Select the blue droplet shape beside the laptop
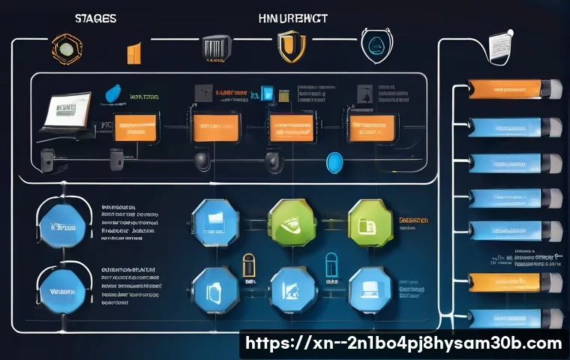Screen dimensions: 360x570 pyautogui.click(x=112, y=93)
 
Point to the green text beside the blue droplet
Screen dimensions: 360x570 pyautogui.click(x=145, y=97)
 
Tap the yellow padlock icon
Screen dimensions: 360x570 pyautogui.click(x=248, y=264)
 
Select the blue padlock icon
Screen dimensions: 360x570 pyautogui.click(x=331, y=264)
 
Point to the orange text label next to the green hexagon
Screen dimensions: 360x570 pyautogui.click(x=414, y=222)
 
